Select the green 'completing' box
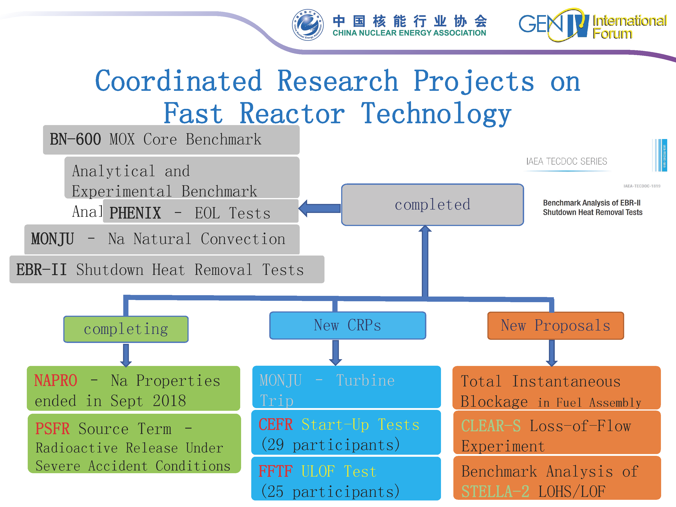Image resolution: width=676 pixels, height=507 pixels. pyautogui.click(x=126, y=329)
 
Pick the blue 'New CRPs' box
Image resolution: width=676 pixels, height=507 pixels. pyautogui.click(x=347, y=325)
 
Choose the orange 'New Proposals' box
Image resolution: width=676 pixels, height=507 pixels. pyautogui.click(x=555, y=325)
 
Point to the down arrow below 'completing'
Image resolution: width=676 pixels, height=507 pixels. pyautogui.click(x=126, y=354)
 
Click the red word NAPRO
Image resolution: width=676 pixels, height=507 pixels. pyautogui.click(x=56, y=381)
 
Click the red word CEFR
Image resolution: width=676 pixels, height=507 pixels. pyautogui.click(x=276, y=425)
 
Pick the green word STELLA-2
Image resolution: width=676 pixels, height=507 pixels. pyautogui.click(x=495, y=492)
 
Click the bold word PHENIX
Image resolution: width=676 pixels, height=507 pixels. pyautogui.click(x=135, y=213)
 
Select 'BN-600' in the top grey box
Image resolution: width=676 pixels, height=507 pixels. pyautogui.click(x=75, y=139)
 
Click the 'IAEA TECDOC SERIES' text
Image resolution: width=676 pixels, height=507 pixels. pyautogui.click(x=566, y=161)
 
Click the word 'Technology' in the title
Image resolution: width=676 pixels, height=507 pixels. pyautogui.click(x=436, y=114)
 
